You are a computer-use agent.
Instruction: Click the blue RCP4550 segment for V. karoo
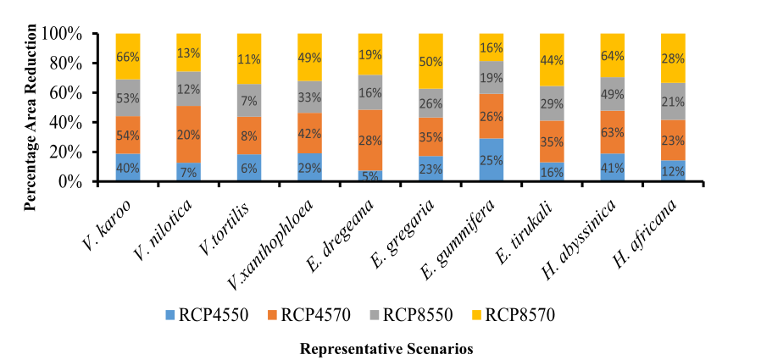pos(128,167)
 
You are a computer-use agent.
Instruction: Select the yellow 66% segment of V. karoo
pos(128,56)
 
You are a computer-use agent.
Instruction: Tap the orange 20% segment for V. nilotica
pos(188,132)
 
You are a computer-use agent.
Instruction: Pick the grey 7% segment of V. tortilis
pos(249,101)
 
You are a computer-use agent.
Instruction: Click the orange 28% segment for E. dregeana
pos(370,140)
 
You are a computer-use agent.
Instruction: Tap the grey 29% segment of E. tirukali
pos(553,102)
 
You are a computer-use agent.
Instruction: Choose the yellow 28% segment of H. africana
pos(674,58)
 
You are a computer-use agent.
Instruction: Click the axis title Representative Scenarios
pos(386,348)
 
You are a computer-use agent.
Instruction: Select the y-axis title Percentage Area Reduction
pos(31,107)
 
